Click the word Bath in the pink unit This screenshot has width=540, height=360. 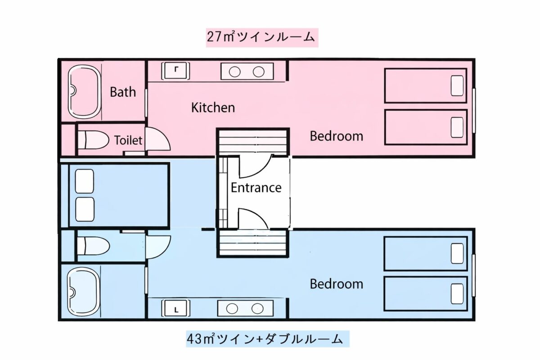[123, 92]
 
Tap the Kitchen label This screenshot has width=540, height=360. [213, 108]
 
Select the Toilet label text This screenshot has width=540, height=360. [128, 140]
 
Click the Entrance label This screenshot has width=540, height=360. [256, 188]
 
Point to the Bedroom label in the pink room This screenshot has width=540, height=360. [336, 136]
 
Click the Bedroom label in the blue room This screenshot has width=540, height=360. [336, 284]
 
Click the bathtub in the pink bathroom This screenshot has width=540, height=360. [84, 92]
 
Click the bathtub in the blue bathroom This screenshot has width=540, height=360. [83, 292]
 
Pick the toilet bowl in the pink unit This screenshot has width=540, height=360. [93, 140]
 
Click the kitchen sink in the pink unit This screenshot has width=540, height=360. [175, 71]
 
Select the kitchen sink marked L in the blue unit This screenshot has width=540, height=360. [175, 308]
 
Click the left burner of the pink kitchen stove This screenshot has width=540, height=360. [234, 72]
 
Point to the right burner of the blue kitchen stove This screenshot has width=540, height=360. [257, 309]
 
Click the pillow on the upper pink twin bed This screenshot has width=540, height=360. [457, 85]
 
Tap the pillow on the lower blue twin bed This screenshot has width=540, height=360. [457, 294]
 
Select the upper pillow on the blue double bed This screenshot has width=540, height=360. [85, 181]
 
